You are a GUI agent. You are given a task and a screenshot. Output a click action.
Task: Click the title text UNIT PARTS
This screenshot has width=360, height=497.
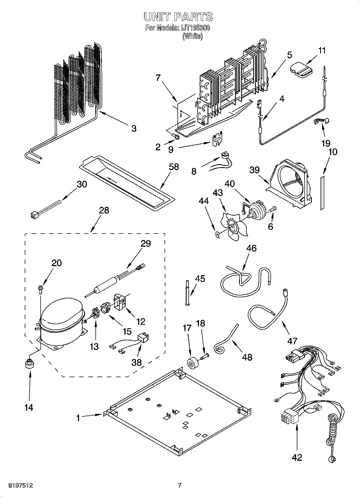178,17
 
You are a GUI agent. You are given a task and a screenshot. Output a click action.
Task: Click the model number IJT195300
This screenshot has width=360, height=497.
194,28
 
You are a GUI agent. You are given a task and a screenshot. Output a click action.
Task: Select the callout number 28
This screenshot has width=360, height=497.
104,210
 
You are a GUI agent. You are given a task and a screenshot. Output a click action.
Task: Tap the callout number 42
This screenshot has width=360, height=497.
297,457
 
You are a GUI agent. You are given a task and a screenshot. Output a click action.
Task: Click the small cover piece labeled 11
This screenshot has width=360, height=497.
301,70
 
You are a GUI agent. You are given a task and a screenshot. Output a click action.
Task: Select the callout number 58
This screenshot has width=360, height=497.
174,167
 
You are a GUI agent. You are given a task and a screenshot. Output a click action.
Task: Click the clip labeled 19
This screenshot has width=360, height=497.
322,121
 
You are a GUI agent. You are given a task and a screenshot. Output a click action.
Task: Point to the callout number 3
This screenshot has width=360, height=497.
134,128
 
